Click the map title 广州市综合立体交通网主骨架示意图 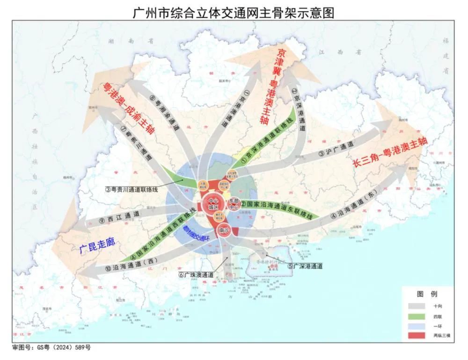click(234, 12)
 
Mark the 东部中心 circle click(234, 204)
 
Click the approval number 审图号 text click(51, 348)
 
